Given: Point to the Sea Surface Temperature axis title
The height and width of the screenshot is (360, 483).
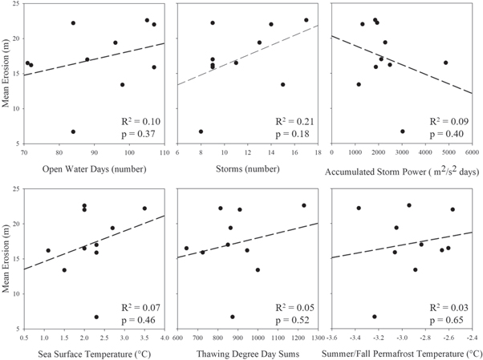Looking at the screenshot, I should coord(95,353).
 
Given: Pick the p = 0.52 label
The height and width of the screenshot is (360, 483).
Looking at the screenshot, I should coord(292,319).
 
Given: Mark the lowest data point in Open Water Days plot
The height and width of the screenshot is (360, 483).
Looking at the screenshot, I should coord(73,131).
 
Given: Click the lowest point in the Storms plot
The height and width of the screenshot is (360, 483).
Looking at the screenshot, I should coord(201,131).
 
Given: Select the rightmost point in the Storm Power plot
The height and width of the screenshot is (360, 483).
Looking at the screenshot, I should coord(445,63).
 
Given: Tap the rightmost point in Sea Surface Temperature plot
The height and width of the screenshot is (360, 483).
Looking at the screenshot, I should coord(144,208).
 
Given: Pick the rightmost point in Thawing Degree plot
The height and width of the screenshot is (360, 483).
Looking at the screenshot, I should coord(304,205).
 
